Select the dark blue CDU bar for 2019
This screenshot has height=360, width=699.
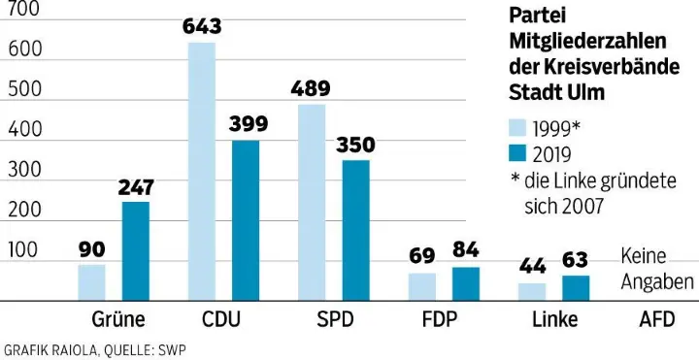(245, 220)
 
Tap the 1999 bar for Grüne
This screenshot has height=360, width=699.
(92, 282)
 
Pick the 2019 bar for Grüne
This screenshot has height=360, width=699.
(135, 251)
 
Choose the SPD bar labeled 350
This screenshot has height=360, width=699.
(355, 230)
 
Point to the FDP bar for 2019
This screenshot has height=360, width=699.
(466, 283)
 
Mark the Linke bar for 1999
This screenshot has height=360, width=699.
(532, 291)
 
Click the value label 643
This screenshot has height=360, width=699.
(201, 25)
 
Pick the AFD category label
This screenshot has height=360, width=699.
(657, 319)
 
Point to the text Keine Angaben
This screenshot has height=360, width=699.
(656, 270)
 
